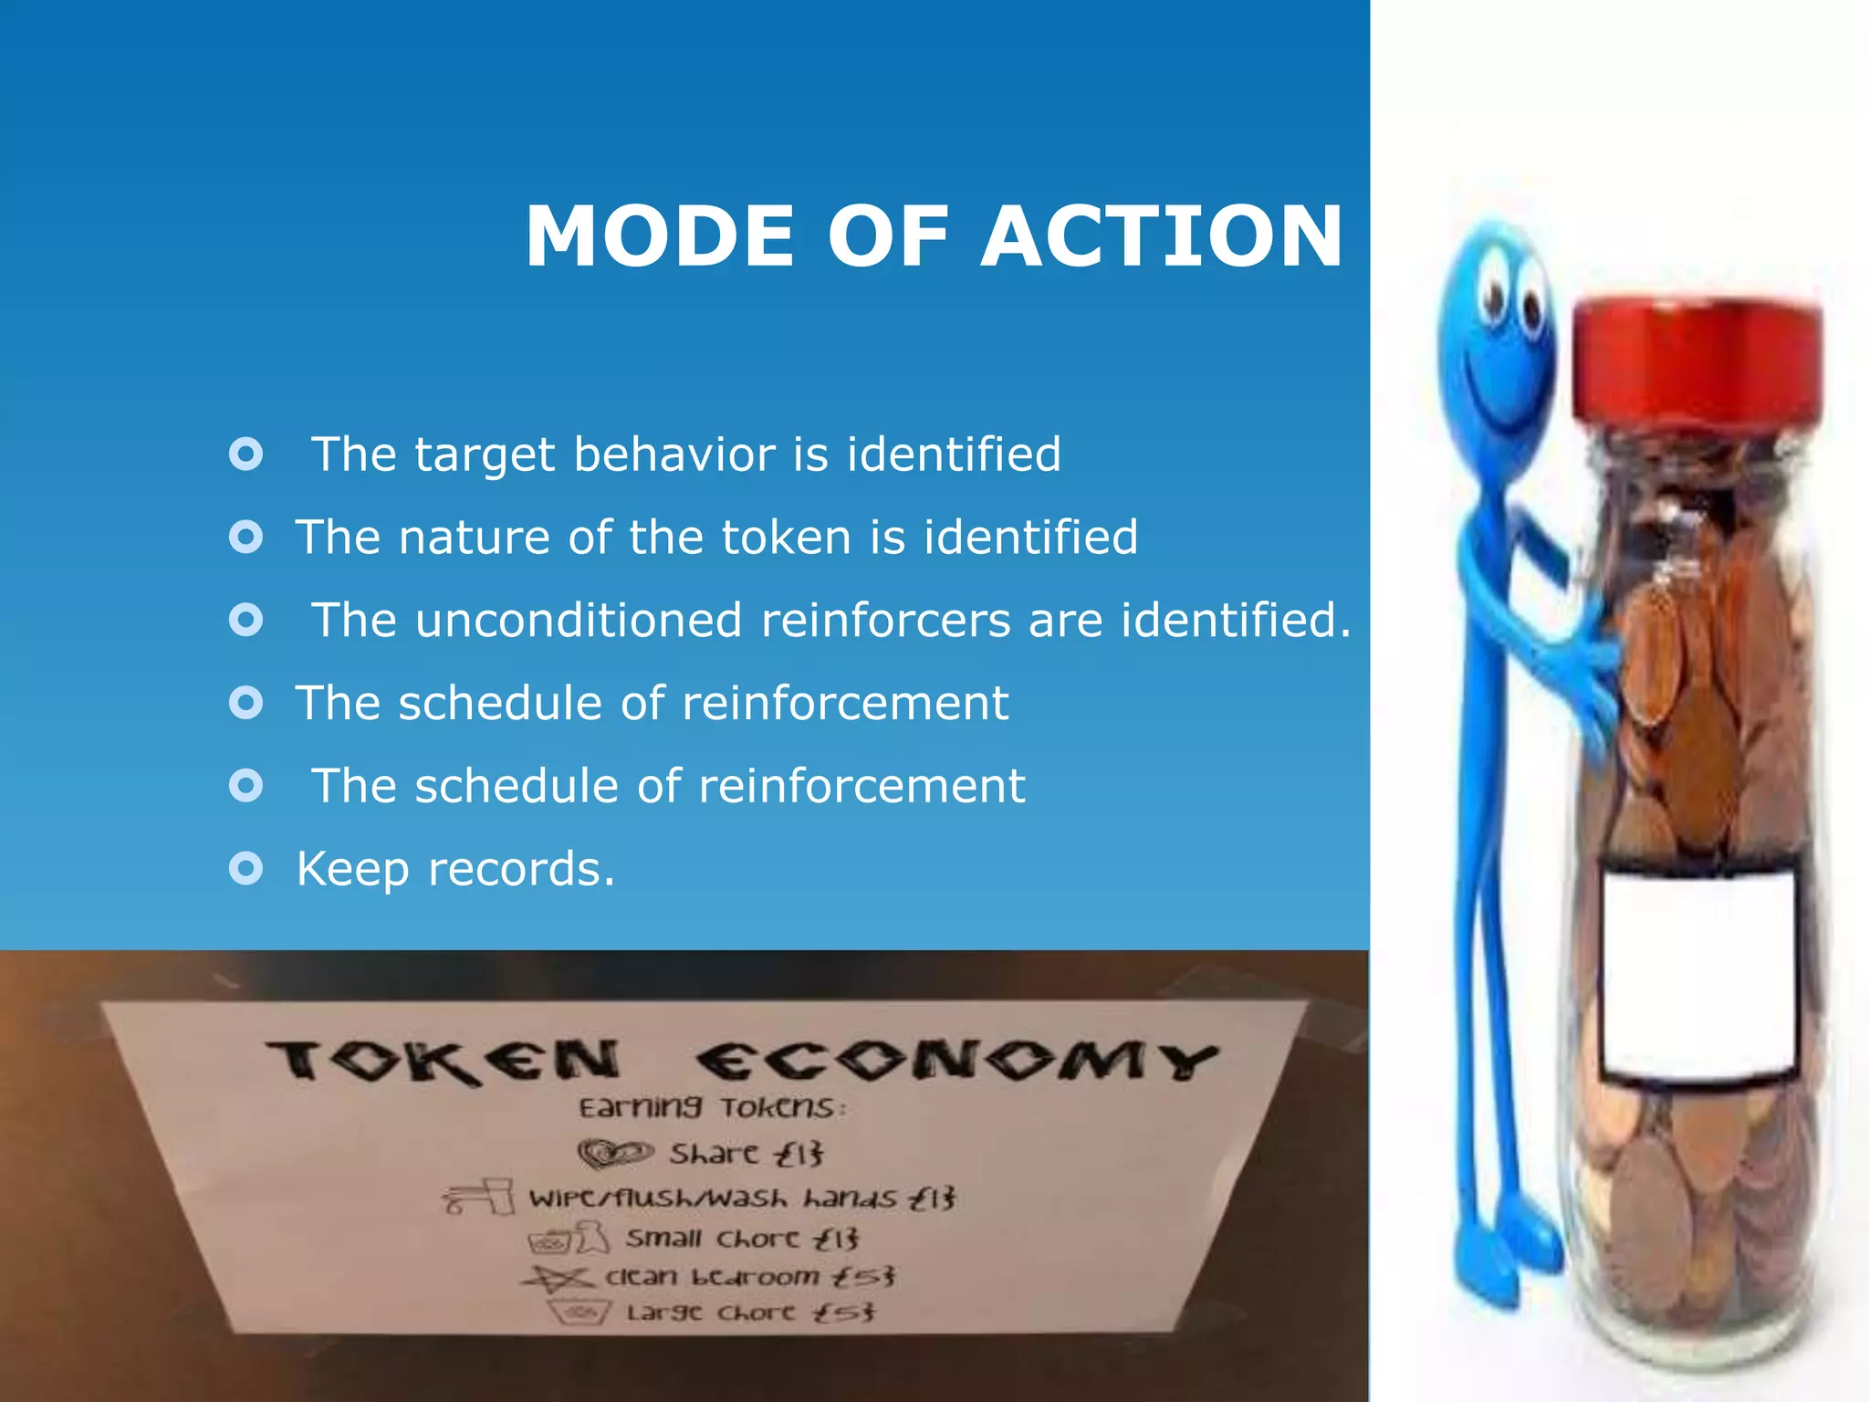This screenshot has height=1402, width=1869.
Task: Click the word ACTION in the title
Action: (x=1161, y=236)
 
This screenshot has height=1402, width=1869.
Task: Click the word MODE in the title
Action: (x=660, y=236)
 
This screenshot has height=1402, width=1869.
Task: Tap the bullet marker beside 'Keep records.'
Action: (x=245, y=868)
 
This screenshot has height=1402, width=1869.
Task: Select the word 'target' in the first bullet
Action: (x=485, y=455)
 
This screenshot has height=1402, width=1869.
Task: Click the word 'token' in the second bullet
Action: (x=787, y=537)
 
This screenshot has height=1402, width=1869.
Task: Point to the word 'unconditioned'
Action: (x=579, y=621)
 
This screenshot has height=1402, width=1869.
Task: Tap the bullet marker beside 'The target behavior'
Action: (x=245, y=454)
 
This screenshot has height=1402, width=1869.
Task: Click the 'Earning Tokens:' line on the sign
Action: (x=713, y=1108)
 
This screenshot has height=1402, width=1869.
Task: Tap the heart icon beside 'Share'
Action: (x=616, y=1155)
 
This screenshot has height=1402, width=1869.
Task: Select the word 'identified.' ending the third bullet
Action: (x=1236, y=621)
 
